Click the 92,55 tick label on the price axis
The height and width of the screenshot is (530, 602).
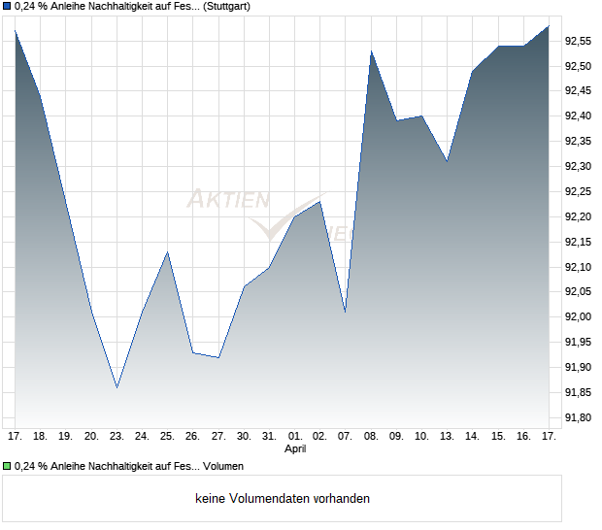pos(579,41)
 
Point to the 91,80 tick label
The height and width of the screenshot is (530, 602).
pos(579,417)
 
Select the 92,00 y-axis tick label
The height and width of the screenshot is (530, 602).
pos(579,317)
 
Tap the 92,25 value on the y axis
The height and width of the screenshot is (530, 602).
pos(579,191)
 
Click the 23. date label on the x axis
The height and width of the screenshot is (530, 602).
pos(117,436)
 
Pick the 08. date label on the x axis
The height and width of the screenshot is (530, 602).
pos(371,436)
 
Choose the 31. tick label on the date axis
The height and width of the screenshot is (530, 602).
pos(269,436)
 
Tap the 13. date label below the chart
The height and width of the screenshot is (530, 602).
pos(447,436)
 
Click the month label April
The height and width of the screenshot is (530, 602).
pos(295,449)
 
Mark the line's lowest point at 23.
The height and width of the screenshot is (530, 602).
pos(117,388)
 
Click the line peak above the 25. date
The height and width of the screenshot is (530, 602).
pos(168,252)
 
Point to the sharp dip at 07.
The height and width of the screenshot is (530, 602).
pos(345,312)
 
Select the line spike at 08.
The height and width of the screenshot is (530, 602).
pos(371,51)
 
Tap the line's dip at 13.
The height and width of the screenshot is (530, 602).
pos(447,161)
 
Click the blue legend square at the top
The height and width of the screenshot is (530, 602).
pos(7,7)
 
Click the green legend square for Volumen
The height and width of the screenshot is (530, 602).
pos(7,467)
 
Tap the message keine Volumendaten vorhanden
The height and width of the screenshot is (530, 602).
pos(282,499)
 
